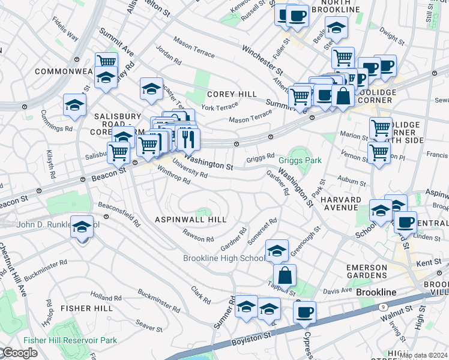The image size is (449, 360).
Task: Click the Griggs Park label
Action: pos(300,160)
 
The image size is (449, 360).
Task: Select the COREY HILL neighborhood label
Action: pos(232,94)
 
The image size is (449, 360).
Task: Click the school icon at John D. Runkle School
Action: pos(82,227)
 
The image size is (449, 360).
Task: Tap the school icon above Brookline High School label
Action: pos(277,251)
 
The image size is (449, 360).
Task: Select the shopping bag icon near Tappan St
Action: pos(285,275)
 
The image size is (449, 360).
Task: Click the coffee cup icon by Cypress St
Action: pos(304,313)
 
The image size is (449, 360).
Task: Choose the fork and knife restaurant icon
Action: pos(188,139)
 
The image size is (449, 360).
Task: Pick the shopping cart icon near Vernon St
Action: pos(378,152)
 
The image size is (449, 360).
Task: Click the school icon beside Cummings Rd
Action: pos(74,105)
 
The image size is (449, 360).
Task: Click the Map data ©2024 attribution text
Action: pos(423,355)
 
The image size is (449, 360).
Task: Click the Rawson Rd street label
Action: pos(198,236)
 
